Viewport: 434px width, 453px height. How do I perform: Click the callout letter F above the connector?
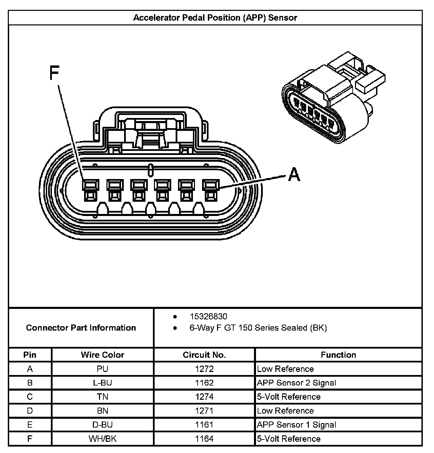coord(54,73)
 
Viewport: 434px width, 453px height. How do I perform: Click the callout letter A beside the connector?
coord(294,175)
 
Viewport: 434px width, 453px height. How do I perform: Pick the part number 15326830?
coord(208,316)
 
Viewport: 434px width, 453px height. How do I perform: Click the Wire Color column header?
coord(102,355)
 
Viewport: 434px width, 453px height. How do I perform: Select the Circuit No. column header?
coord(204,355)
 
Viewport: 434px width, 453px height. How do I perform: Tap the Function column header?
coord(338,355)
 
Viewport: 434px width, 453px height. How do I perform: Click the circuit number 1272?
coord(204,369)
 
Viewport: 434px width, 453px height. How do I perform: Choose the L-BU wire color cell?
coord(102,383)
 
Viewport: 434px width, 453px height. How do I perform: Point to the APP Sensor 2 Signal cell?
coord(297,383)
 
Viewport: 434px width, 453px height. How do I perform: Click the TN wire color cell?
coord(102,397)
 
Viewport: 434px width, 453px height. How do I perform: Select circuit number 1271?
coord(204,411)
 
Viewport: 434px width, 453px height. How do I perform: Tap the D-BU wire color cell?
coord(102,425)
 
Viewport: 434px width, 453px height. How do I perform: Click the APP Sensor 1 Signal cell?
coord(297,425)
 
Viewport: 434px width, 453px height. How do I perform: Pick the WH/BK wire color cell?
coord(102,439)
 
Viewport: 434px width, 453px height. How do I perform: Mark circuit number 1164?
coord(204,439)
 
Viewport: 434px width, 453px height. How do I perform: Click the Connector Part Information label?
coord(81,328)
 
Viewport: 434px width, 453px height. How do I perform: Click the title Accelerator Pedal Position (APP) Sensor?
coord(215,18)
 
